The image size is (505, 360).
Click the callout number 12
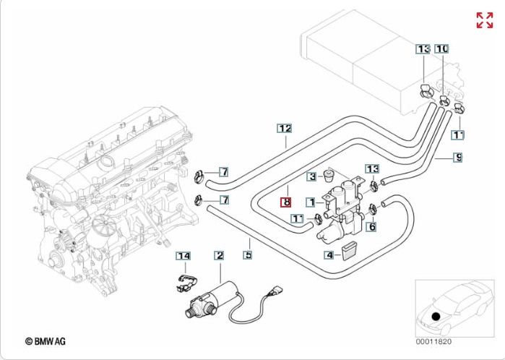285,129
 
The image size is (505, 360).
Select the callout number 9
458,157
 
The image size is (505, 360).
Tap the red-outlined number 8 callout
286,203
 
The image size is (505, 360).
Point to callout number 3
311,176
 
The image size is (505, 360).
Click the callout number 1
310,203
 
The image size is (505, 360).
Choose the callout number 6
372,227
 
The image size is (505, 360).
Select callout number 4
329,254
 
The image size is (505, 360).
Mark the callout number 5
248,254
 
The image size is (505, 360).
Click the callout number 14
184,255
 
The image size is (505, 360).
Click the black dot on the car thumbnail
436,315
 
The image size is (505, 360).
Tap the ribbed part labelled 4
350,252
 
